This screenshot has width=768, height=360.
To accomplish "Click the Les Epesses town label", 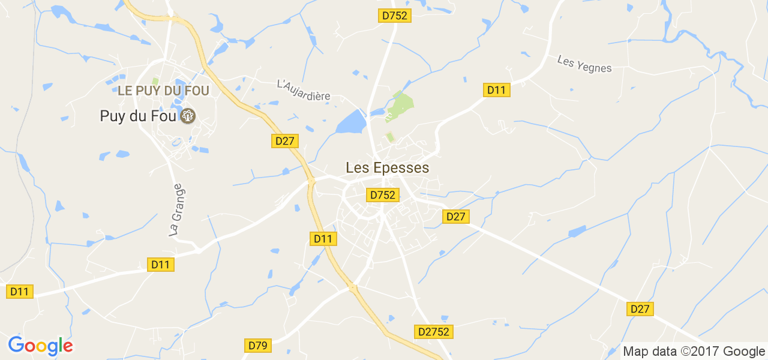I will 388,167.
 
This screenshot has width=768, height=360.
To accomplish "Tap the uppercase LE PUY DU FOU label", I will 164,91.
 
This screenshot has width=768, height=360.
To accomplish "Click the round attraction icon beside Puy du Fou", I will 188,116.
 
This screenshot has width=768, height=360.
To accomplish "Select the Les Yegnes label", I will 584,64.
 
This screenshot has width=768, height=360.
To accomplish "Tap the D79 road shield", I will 258,346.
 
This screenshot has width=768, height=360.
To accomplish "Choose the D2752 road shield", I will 433,332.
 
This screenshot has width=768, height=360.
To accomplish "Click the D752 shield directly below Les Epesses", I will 382,195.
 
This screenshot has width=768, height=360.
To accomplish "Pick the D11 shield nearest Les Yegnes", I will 496,90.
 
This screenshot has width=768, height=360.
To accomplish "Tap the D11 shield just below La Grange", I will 160,265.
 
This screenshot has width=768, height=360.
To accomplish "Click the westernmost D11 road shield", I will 20,292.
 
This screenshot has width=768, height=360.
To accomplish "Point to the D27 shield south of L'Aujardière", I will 285,141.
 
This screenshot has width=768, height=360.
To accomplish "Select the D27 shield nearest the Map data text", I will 640,309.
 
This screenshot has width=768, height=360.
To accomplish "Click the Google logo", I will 40,346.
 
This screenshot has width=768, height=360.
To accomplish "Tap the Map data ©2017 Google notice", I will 693,351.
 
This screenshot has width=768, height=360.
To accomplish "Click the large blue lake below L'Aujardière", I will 352,123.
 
